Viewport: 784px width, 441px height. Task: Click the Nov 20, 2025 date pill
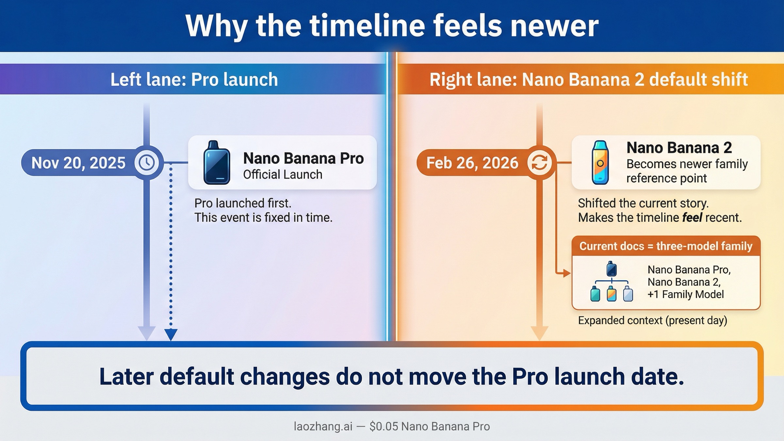tap(78, 163)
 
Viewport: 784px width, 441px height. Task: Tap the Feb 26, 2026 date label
tap(472, 163)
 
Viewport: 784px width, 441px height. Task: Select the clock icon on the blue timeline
tap(147, 162)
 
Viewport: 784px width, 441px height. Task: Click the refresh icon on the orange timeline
tap(539, 162)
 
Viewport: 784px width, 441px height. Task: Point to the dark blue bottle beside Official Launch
tap(217, 163)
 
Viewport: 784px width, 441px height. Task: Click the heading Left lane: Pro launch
tap(194, 79)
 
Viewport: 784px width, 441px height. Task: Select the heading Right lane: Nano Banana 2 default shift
tap(589, 79)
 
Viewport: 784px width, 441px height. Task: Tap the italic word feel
tap(692, 218)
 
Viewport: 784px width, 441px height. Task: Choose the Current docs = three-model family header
tap(666, 246)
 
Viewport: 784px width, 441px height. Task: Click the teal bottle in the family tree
tap(595, 293)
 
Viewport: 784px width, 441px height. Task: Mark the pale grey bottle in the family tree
tap(628, 293)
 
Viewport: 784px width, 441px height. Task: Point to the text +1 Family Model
tap(686, 295)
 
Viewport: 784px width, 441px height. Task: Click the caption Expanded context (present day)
tap(652, 320)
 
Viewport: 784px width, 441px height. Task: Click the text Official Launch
tap(283, 175)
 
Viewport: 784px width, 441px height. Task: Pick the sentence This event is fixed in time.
tap(263, 218)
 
